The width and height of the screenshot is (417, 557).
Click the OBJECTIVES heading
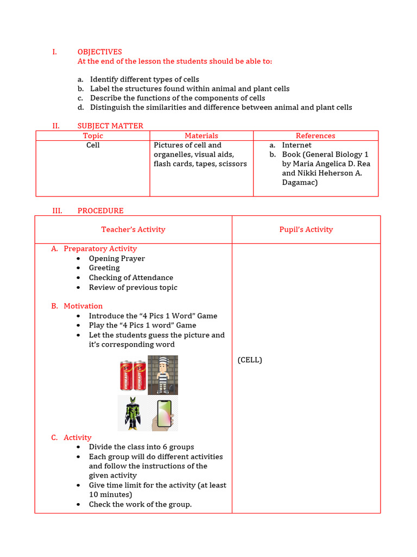click(99, 52)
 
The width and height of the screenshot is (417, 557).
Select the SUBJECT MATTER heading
click(110, 126)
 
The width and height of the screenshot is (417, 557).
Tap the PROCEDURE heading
click(100, 211)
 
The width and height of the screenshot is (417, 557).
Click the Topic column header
click(93, 135)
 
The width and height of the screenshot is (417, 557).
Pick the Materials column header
click(201, 135)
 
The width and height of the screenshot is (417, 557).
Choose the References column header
click(315, 135)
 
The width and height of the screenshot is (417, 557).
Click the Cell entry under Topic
click(93, 145)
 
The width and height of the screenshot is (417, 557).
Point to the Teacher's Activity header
click(133, 230)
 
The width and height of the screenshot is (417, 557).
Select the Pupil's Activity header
click(306, 230)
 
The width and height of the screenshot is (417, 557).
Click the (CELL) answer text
click(250, 360)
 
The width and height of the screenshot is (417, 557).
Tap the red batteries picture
click(132, 375)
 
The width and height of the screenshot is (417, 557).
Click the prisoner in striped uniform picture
click(163, 375)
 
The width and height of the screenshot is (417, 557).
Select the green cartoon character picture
click(132, 413)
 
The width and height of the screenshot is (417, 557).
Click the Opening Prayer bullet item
click(117, 258)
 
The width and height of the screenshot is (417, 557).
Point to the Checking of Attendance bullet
click(131, 277)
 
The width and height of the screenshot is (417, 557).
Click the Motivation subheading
click(83, 306)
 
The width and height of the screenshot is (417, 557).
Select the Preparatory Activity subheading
click(100, 249)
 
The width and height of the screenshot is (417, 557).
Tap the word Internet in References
click(296, 145)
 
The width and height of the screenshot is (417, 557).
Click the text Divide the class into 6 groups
click(141, 447)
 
